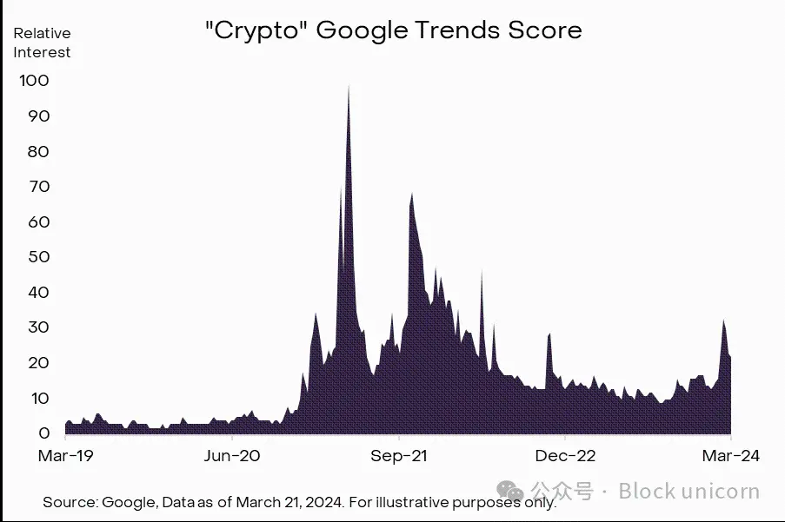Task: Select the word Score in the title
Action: pos(544,31)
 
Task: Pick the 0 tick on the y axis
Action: pos(43,433)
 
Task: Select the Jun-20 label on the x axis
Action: pos(231,455)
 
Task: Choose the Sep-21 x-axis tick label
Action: pos(397,455)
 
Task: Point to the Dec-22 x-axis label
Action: pos(564,455)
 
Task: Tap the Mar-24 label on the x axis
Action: pos(731,455)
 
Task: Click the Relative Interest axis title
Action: pos(42,43)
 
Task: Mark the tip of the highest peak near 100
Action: pos(349,85)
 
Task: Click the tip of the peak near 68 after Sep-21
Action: pos(411,194)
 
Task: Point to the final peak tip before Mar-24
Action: pos(723,320)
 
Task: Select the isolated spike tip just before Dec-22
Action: pos(549,333)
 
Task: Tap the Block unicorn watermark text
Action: pos(689,492)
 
